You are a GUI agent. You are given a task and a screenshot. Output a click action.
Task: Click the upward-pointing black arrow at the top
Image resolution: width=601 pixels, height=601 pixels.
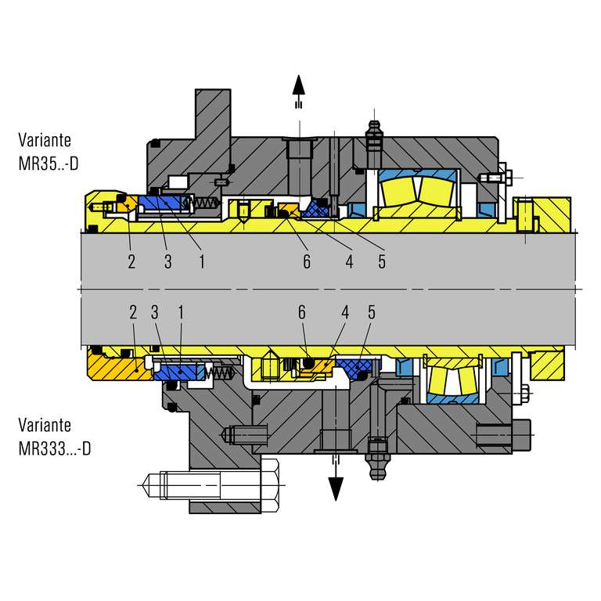pos(299,92)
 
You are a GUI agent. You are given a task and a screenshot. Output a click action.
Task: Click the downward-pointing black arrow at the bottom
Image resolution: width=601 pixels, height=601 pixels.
pos(336,480)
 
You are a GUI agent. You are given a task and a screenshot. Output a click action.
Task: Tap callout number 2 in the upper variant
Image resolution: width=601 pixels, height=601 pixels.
pos(131,262)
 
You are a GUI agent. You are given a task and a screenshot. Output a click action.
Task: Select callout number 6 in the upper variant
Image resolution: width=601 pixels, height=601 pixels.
pos(307,262)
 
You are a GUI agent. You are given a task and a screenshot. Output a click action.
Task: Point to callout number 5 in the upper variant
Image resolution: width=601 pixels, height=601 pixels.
pos(382,262)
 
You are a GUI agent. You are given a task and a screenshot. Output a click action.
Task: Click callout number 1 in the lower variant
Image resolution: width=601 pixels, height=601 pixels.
pos(181,312)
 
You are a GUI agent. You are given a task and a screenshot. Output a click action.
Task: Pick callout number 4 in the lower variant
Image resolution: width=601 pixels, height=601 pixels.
pos(345,312)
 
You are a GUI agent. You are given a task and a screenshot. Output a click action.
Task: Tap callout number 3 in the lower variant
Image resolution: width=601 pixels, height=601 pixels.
pos(154,312)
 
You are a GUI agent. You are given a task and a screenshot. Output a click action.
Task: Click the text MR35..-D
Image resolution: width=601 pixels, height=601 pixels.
pos(49,164)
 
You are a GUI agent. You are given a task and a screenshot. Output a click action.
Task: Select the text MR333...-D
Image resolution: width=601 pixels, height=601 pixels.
pos(55,448)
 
